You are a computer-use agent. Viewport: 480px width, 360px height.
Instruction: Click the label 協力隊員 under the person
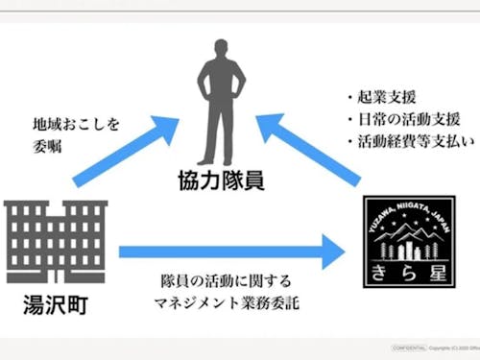(223, 180)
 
